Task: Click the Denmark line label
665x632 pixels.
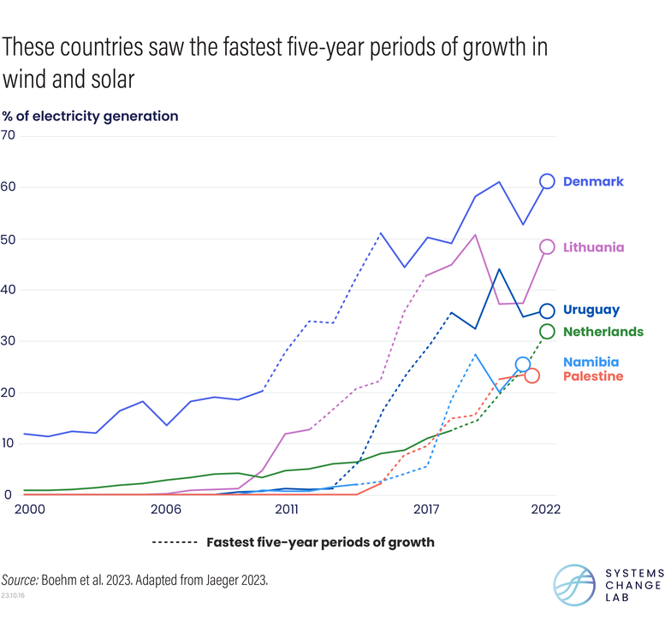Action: click(x=593, y=181)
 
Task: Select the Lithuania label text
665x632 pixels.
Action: click(x=593, y=247)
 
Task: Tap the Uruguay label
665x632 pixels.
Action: click(x=591, y=310)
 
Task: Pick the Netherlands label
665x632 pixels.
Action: click(x=603, y=331)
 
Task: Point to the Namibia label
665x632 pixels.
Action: click(x=591, y=362)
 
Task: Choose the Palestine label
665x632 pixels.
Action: click(x=593, y=376)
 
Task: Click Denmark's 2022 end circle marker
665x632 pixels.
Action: click(x=547, y=181)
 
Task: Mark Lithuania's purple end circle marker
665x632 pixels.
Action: click(x=547, y=247)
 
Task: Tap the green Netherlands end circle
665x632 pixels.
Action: click(x=547, y=331)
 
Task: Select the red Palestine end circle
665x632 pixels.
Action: click(x=531, y=375)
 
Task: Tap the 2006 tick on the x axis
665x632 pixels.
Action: click(x=165, y=509)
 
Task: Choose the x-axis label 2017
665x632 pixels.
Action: click(x=427, y=509)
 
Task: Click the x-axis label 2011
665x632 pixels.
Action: click(x=287, y=509)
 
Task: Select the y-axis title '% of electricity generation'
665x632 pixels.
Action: click(x=90, y=116)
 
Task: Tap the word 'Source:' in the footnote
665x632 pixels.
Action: click(x=24, y=580)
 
